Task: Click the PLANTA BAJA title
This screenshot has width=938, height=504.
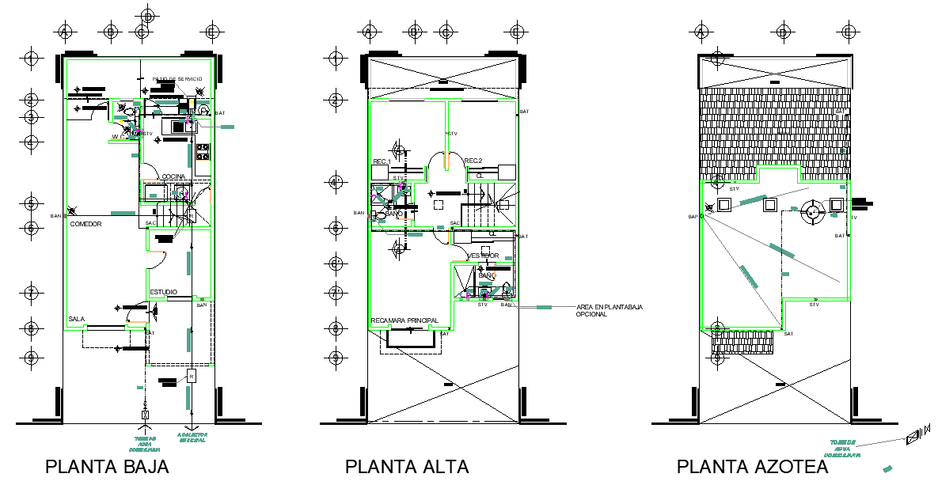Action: click(x=107, y=467)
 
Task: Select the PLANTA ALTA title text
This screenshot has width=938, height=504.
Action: click(x=407, y=467)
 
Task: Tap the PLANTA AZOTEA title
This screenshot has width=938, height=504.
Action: click(x=752, y=467)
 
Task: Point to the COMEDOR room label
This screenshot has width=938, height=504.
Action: click(x=86, y=225)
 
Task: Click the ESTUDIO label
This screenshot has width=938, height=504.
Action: click(x=163, y=292)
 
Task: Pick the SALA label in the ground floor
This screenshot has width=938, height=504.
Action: click(x=76, y=319)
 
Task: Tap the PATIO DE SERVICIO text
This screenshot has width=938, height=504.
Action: click(x=178, y=79)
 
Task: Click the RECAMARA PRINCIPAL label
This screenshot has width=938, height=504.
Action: click(x=404, y=320)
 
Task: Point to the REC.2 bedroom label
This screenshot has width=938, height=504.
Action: click(x=473, y=161)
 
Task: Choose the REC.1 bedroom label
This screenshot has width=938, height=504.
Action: click(x=382, y=162)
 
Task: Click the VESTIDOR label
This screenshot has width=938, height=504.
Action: click(x=482, y=256)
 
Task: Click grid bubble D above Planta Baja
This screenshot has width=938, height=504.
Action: click(x=147, y=16)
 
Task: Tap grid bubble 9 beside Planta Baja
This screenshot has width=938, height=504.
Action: click(x=32, y=357)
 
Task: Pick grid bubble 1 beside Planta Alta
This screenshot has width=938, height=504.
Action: click(x=336, y=58)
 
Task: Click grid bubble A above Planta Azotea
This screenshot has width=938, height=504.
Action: click(x=701, y=32)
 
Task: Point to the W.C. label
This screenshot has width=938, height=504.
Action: click(x=119, y=137)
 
